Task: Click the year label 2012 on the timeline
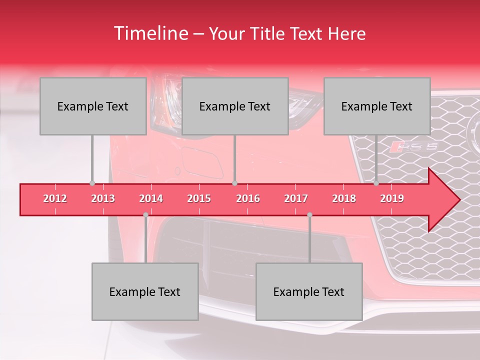55,199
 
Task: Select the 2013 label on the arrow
103,199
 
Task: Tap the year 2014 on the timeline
151,199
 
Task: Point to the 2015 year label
199,199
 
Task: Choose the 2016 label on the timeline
248,199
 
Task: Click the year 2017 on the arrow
296,199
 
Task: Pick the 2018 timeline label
344,199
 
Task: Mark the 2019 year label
392,199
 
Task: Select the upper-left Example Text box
93,106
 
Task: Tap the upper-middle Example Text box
235,106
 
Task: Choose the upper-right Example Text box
377,106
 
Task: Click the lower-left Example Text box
145,291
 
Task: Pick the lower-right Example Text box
309,291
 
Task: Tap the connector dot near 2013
92,183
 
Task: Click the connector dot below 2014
145,215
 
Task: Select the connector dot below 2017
309,215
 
